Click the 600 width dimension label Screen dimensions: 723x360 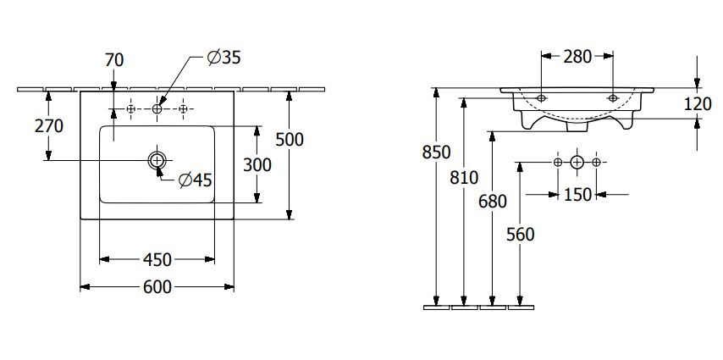(157, 287)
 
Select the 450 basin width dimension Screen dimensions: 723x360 (157, 260)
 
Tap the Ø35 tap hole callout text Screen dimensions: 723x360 (224, 58)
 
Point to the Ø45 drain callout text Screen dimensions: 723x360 (195, 180)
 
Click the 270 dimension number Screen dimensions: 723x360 (49, 125)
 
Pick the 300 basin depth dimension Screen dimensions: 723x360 (257, 164)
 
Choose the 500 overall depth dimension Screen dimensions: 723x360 (290, 140)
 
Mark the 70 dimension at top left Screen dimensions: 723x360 (114, 60)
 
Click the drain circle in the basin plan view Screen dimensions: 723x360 (157, 160)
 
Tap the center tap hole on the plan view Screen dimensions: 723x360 (157, 109)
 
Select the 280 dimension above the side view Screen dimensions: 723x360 (577, 56)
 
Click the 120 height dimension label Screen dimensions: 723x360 (698, 104)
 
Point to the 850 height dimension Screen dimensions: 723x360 (436, 152)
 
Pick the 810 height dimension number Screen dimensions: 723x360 (464, 177)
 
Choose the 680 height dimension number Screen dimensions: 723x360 (493, 202)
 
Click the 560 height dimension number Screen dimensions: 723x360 (520, 235)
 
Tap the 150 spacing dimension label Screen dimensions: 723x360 (577, 195)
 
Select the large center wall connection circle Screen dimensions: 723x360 (577, 162)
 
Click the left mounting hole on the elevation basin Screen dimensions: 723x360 (541, 98)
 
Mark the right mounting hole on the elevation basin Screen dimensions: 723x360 (613, 98)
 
